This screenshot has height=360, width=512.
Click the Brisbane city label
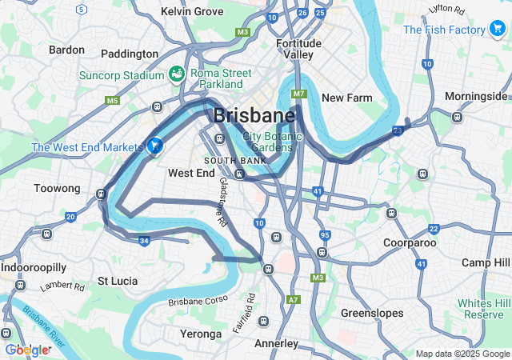pos(254,115)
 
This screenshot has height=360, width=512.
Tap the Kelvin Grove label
pos(192,11)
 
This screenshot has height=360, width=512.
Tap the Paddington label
pos(130,54)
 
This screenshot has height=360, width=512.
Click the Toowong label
pos(58,188)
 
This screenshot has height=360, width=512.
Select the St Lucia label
pos(118,281)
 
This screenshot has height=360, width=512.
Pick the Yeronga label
pos(201,334)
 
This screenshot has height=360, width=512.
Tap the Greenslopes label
pos(372,313)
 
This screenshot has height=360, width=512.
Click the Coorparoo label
pos(409,242)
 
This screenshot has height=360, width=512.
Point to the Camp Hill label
pos(486,262)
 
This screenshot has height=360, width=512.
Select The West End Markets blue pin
pos(155,146)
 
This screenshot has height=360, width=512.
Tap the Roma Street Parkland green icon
pos(177,75)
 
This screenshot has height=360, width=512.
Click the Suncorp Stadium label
pos(121,77)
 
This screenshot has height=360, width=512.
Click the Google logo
pos(28,350)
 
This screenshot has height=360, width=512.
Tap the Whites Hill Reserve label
pos(483,309)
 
